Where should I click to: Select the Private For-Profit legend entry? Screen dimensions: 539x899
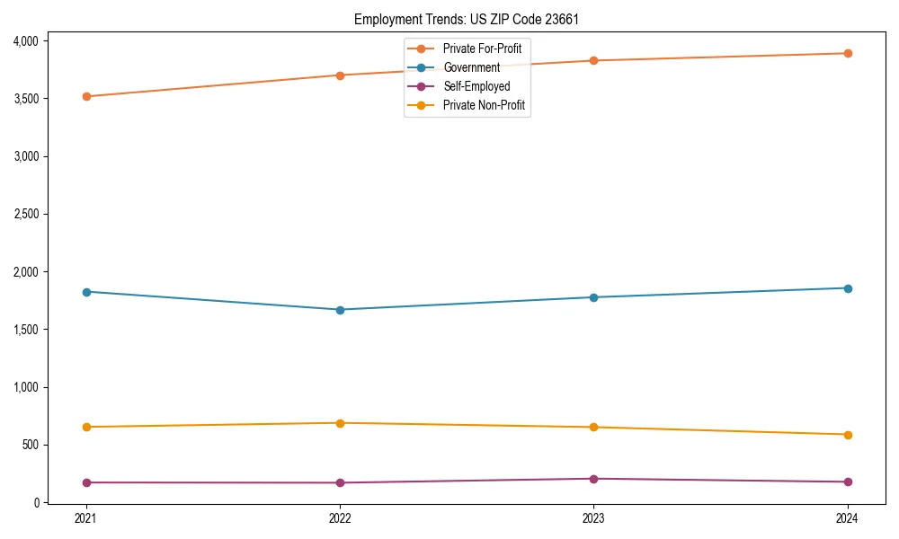(x=482, y=49)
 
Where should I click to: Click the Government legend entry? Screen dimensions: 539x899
(x=471, y=67)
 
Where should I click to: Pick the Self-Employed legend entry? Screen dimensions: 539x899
(x=476, y=87)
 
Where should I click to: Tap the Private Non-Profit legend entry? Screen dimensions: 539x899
(x=484, y=106)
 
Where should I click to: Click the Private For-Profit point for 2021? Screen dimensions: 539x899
(x=86, y=96)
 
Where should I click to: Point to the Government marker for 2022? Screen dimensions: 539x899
(x=340, y=310)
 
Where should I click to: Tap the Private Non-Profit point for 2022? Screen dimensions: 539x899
(x=340, y=423)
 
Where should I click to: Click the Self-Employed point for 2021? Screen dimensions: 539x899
(x=86, y=482)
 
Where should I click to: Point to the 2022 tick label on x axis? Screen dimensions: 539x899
(x=340, y=518)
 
